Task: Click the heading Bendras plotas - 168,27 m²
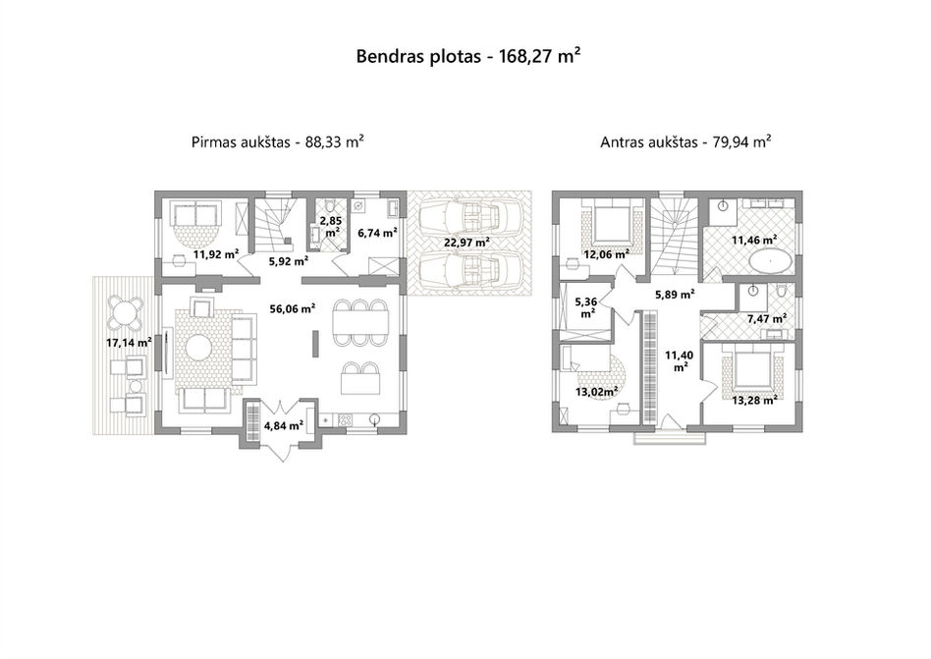[467, 56]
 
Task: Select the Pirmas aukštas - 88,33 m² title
[277, 142]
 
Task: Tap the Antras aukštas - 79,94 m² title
[685, 142]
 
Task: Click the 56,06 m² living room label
[292, 308]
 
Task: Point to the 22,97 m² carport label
[466, 243]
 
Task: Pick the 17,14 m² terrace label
[129, 343]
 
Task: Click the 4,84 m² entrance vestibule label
[284, 425]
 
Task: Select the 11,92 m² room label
[216, 254]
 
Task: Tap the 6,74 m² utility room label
[377, 233]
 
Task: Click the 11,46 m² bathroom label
[754, 241]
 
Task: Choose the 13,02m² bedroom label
[597, 391]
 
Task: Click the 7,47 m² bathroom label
[767, 319]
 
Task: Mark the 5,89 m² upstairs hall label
[675, 294]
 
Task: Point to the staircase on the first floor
[277, 225]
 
